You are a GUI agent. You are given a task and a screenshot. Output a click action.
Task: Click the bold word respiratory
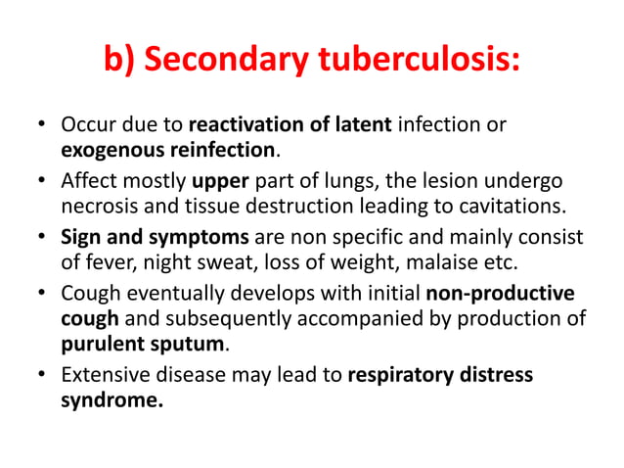coord(404,374)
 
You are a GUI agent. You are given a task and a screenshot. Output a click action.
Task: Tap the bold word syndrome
coord(111,399)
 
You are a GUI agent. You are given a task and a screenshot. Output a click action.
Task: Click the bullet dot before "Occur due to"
coord(40,127)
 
